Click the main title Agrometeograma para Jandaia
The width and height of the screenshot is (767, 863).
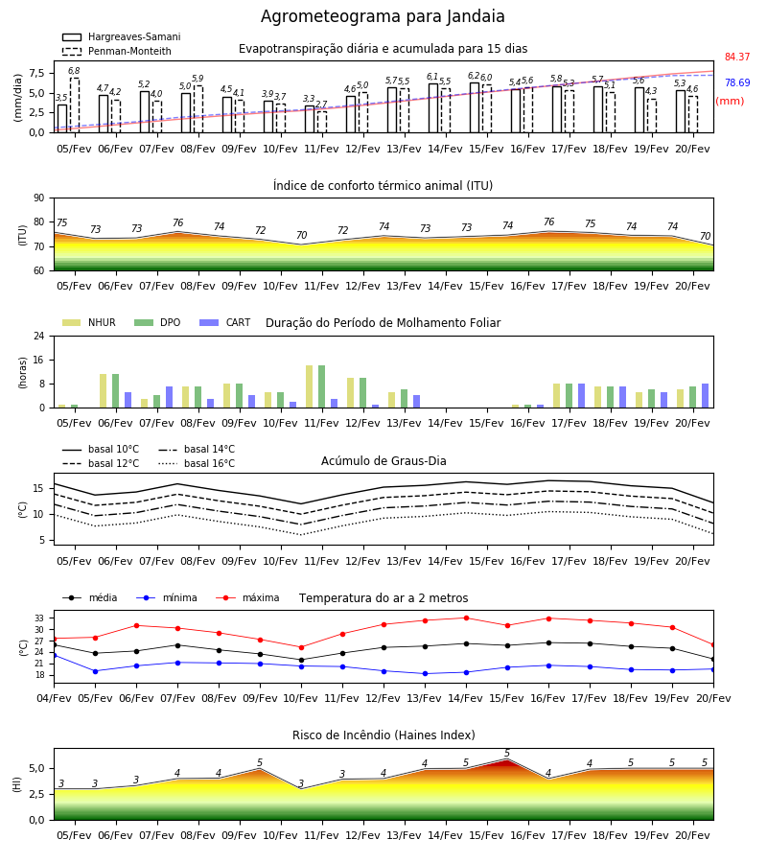[383, 16]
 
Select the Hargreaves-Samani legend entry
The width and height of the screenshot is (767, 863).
[122, 36]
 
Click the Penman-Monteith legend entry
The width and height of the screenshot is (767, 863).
[117, 51]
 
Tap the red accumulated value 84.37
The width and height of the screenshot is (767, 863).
[737, 57]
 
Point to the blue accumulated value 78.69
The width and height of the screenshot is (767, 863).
[737, 82]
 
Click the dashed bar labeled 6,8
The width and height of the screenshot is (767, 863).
[75, 105]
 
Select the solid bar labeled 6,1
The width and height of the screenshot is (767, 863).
[433, 107]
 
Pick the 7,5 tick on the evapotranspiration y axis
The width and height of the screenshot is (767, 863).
[36, 73]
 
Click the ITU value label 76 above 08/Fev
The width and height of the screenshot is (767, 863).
[177, 222]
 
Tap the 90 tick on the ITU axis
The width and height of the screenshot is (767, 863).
[39, 198]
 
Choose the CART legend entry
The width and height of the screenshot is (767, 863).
[224, 322]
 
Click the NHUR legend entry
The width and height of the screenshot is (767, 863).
[89, 322]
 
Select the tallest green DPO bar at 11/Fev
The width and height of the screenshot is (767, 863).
[321, 386]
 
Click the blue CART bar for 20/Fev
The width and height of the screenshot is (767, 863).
[706, 396]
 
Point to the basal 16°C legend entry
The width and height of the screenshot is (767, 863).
[197, 463]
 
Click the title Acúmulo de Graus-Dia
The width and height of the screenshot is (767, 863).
[383, 460]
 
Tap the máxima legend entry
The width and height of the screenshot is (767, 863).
[247, 597]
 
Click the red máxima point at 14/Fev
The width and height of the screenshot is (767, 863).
[467, 618]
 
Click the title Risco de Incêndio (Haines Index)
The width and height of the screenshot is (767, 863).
[383, 735]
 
